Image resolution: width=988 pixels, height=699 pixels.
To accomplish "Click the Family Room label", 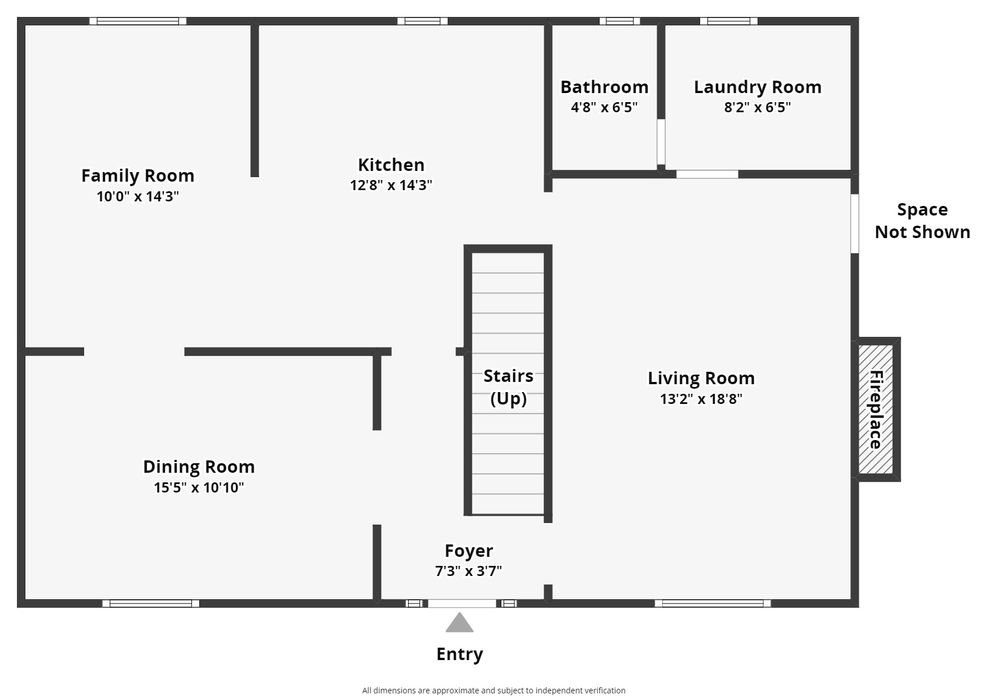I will point(138,175).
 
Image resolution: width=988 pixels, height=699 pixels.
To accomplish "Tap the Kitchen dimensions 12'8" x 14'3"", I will point(391,185).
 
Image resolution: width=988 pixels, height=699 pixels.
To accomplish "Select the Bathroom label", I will point(604,87).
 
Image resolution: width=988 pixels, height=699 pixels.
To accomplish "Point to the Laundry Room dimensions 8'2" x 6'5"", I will point(757,107).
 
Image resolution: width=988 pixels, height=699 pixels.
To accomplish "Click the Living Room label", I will point(701,378).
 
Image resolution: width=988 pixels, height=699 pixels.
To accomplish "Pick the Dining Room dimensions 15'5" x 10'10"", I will point(199,487).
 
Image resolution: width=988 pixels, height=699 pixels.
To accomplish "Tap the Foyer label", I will point(469,551).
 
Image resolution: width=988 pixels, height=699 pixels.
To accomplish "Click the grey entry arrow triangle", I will point(460,623).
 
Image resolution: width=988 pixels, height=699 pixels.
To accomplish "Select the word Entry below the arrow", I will point(460,654).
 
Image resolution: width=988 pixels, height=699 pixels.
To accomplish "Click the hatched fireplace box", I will point(876,410).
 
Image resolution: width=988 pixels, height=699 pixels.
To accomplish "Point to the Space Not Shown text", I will point(922,221).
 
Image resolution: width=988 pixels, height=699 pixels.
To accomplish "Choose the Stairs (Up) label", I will point(508,387).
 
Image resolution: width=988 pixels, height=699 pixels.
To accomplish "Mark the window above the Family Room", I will point(138,21).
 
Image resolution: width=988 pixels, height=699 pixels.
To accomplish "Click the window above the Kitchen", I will point(422,21).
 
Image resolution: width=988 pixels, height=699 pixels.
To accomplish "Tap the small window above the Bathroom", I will point(619,21).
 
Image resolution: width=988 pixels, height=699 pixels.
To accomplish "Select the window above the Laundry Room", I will point(728,21).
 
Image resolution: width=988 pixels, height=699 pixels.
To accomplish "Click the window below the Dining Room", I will point(151,604).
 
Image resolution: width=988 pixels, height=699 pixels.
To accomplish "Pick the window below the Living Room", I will point(712,604).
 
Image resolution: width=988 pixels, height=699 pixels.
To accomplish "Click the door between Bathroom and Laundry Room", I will point(661,142).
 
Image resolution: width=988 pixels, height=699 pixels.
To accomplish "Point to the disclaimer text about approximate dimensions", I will point(493,691).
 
